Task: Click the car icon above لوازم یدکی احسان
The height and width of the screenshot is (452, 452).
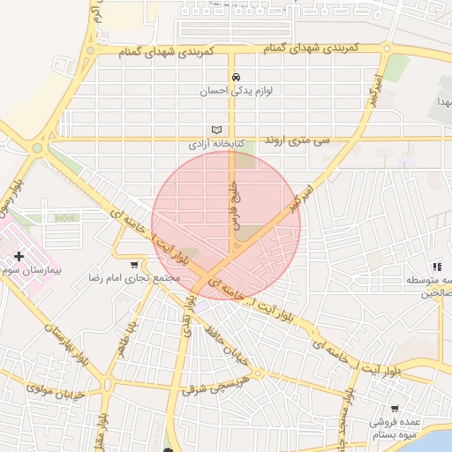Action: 235,77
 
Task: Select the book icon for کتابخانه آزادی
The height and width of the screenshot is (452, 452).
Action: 216,129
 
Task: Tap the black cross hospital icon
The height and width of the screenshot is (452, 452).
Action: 19,255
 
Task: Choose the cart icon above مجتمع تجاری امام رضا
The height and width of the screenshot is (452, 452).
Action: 134,264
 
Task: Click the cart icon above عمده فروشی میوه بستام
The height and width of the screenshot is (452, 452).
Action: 394,409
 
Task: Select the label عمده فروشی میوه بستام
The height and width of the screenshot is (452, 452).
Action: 395,427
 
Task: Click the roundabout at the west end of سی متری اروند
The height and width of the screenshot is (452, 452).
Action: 37,148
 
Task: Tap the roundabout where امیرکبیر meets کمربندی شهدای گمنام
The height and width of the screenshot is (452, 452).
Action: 387,49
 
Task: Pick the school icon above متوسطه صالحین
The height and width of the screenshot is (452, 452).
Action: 436,266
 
